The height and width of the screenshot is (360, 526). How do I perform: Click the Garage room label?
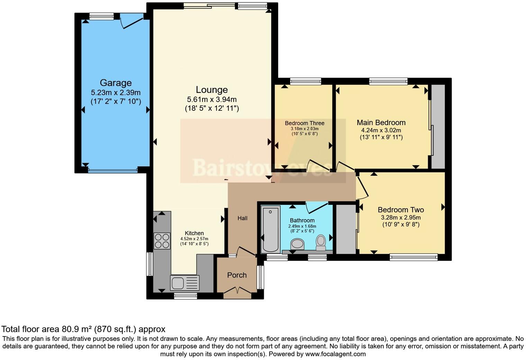(x=116, y=83)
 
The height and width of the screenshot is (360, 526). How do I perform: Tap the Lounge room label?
(x=211, y=90)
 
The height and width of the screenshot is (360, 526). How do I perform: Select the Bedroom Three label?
(x=305, y=123)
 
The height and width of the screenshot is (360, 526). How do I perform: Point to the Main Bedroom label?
(x=381, y=123)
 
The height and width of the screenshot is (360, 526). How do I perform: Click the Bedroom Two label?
(x=401, y=210)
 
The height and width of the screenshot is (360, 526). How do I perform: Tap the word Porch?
(x=237, y=275)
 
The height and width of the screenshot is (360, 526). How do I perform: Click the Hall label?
(x=242, y=218)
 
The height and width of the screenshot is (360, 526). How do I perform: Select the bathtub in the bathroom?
(x=271, y=229)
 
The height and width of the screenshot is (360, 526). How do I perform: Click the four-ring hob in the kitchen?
(x=162, y=241)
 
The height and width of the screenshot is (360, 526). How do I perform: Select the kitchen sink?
(x=184, y=282)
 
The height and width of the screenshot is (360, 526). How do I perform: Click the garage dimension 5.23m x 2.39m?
(x=116, y=93)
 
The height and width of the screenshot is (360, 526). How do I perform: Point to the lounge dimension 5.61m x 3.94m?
(x=211, y=100)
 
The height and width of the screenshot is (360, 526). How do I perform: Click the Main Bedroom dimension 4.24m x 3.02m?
(x=381, y=130)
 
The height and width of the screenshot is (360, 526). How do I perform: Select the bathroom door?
(x=316, y=207)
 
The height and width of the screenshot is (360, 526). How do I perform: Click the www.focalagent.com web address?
(x=335, y=354)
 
